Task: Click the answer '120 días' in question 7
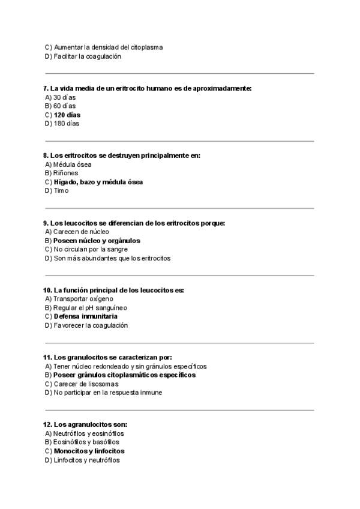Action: pos(67,115)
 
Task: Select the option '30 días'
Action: pos(64,97)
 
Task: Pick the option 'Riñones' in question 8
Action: pos(65,173)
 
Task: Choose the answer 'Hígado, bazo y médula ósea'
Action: pos(98,182)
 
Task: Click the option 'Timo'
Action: pos(61,191)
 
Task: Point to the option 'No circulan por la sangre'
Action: pos(90,249)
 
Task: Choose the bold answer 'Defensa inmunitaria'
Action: pos(85,316)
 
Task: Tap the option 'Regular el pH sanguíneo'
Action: pos(90,308)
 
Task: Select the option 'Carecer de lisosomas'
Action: pos(86,384)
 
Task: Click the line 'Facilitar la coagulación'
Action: pos(87,56)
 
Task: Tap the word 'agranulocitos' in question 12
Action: pos(89,424)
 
